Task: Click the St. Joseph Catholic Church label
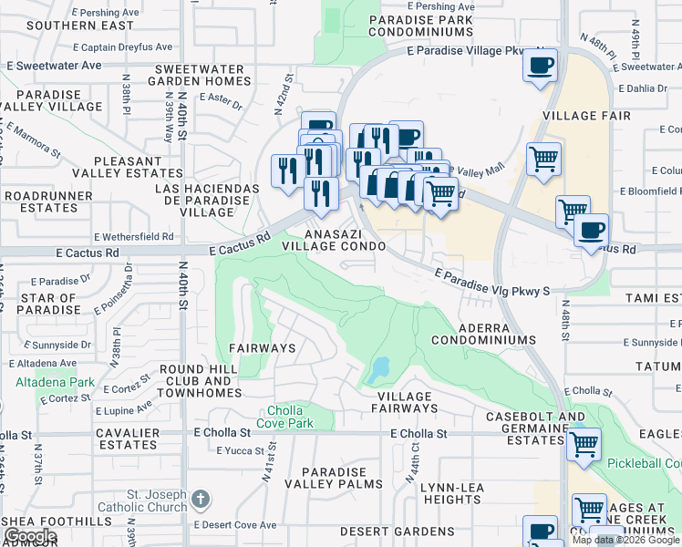pyautogui.click(x=147, y=500)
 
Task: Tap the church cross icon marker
pyautogui.click(x=201, y=500)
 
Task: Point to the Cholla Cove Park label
pyautogui.click(x=291, y=417)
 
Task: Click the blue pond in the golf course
pyautogui.click(x=377, y=370)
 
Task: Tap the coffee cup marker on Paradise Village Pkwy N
pyautogui.click(x=540, y=67)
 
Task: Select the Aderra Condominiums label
pyautogui.click(x=483, y=333)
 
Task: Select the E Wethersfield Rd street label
pyautogui.click(x=132, y=236)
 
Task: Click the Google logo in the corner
pyautogui.click(x=30, y=536)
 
